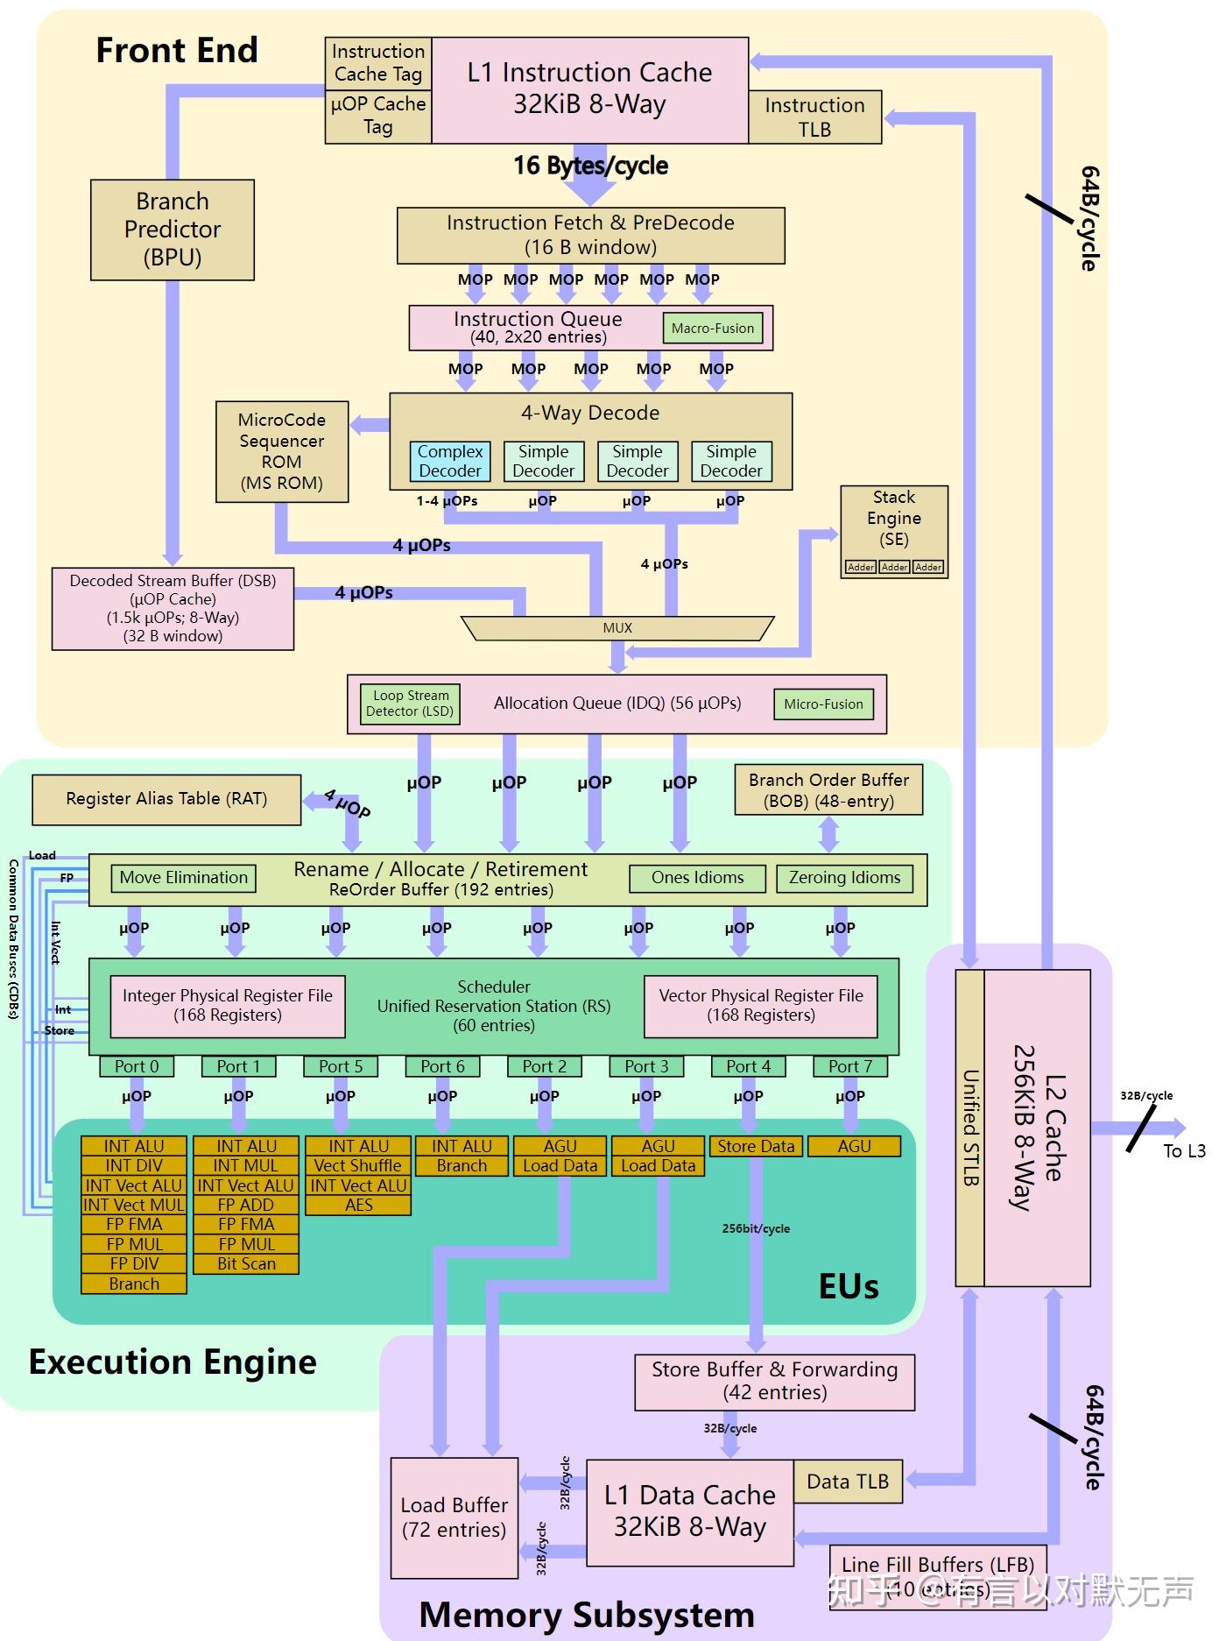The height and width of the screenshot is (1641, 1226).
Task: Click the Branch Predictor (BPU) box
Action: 173,230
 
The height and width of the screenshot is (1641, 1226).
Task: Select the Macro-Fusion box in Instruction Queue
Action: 712,329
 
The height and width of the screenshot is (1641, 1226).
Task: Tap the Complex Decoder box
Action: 450,461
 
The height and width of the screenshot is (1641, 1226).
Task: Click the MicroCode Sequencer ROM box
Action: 282,451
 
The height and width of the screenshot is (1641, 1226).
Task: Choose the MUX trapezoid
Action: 617,628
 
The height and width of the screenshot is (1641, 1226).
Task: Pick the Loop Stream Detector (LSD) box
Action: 411,704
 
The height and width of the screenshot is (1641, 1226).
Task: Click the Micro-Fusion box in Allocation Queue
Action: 823,704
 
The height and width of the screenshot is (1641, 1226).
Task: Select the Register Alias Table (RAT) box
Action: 166,799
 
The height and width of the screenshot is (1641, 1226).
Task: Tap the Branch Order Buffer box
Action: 828,790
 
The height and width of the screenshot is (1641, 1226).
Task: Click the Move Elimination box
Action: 184,878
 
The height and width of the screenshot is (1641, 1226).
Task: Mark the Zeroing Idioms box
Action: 844,878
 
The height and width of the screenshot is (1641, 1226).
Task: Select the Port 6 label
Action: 442,1066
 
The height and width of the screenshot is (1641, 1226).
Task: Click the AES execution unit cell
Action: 358,1206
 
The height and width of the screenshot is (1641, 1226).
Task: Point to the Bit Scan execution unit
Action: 246,1264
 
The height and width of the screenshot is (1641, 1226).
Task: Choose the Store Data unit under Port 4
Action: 756,1146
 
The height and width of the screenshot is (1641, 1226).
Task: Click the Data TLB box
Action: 848,1482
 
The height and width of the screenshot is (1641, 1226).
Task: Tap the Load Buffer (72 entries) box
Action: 454,1517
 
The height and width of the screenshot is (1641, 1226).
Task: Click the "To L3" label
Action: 1184,1151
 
